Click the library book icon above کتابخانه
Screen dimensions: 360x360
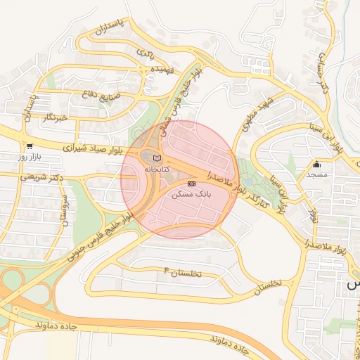156,158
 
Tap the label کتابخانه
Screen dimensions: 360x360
157,169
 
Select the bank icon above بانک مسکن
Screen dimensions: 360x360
191,183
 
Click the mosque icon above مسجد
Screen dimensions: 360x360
316,165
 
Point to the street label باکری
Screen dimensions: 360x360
146,53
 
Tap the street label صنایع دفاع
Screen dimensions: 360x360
102,94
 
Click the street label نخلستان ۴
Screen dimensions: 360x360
182,272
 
